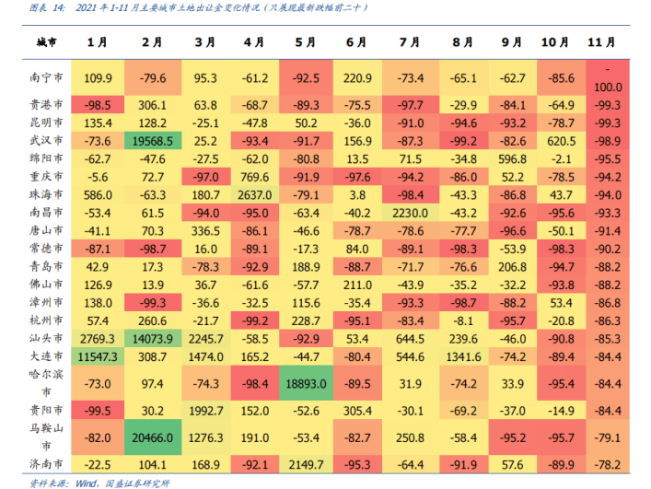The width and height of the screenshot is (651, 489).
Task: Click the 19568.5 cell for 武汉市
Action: [x=153, y=140]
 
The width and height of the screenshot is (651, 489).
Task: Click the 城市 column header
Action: [x=46, y=44]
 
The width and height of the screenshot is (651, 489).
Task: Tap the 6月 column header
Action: [x=357, y=43]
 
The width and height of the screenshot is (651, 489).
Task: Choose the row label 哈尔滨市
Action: [x=46, y=383]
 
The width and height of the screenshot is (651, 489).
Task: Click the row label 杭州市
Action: [x=46, y=320]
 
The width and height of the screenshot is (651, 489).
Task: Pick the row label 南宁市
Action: [x=46, y=79]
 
